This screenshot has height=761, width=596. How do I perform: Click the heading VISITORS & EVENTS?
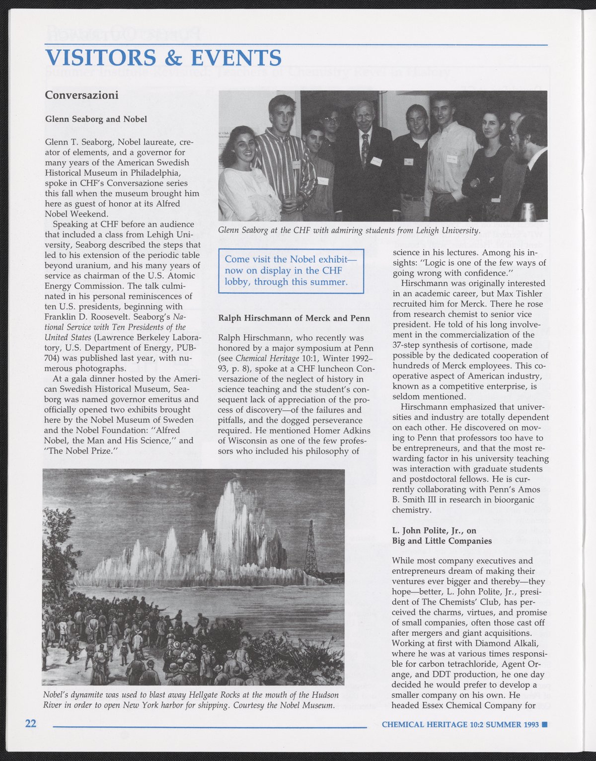point(163,58)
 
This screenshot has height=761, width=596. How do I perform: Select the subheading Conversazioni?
point(81,95)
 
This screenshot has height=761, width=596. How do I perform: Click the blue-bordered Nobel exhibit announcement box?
point(292,271)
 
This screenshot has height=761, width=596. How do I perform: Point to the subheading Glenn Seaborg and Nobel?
point(96,119)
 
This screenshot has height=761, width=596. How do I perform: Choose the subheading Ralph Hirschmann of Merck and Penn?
point(294,318)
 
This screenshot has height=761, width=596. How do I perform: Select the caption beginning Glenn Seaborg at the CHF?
point(349,230)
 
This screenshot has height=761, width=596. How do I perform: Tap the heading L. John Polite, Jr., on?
point(434,531)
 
